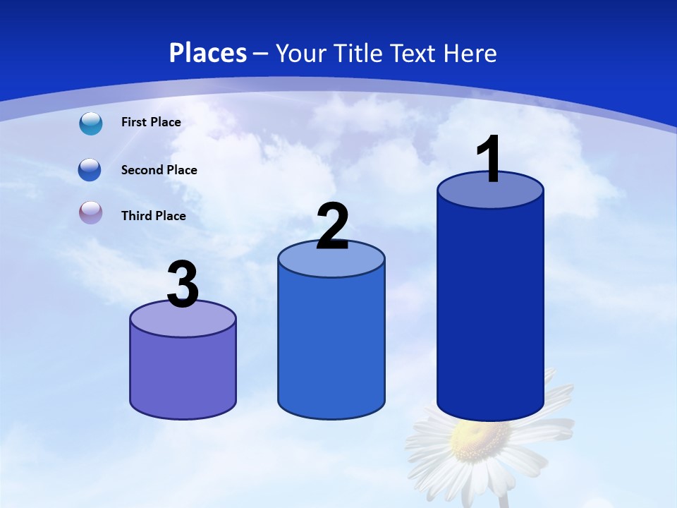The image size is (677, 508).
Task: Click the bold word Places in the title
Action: pos(208,53)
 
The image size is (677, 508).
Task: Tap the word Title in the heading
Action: pos(359,53)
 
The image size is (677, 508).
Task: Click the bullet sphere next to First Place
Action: pos(90,123)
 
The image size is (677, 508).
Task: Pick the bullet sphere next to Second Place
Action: pos(90,169)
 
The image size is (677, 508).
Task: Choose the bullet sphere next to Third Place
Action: pos(90,212)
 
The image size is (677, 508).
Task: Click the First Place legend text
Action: pos(151,122)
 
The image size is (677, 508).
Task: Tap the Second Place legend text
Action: pos(159,170)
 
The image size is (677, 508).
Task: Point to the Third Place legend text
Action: pos(153,216)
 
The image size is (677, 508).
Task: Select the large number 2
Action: pos(332,226)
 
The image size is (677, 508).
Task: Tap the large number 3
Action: pos(183,285)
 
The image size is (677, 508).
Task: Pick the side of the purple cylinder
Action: pos(183,374)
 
